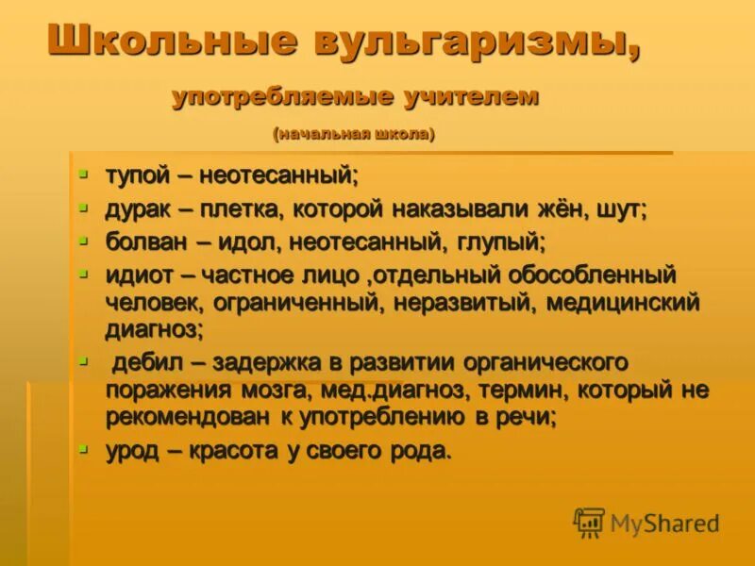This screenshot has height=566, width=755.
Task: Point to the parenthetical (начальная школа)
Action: (354, 135)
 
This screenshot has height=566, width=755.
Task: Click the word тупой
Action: (138, 176)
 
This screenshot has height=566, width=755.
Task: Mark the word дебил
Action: (150, 363)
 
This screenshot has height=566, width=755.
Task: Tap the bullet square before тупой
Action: (83, 174)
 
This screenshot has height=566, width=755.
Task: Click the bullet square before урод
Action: (83, 448)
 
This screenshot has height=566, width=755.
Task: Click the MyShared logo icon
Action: (589, 523)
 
